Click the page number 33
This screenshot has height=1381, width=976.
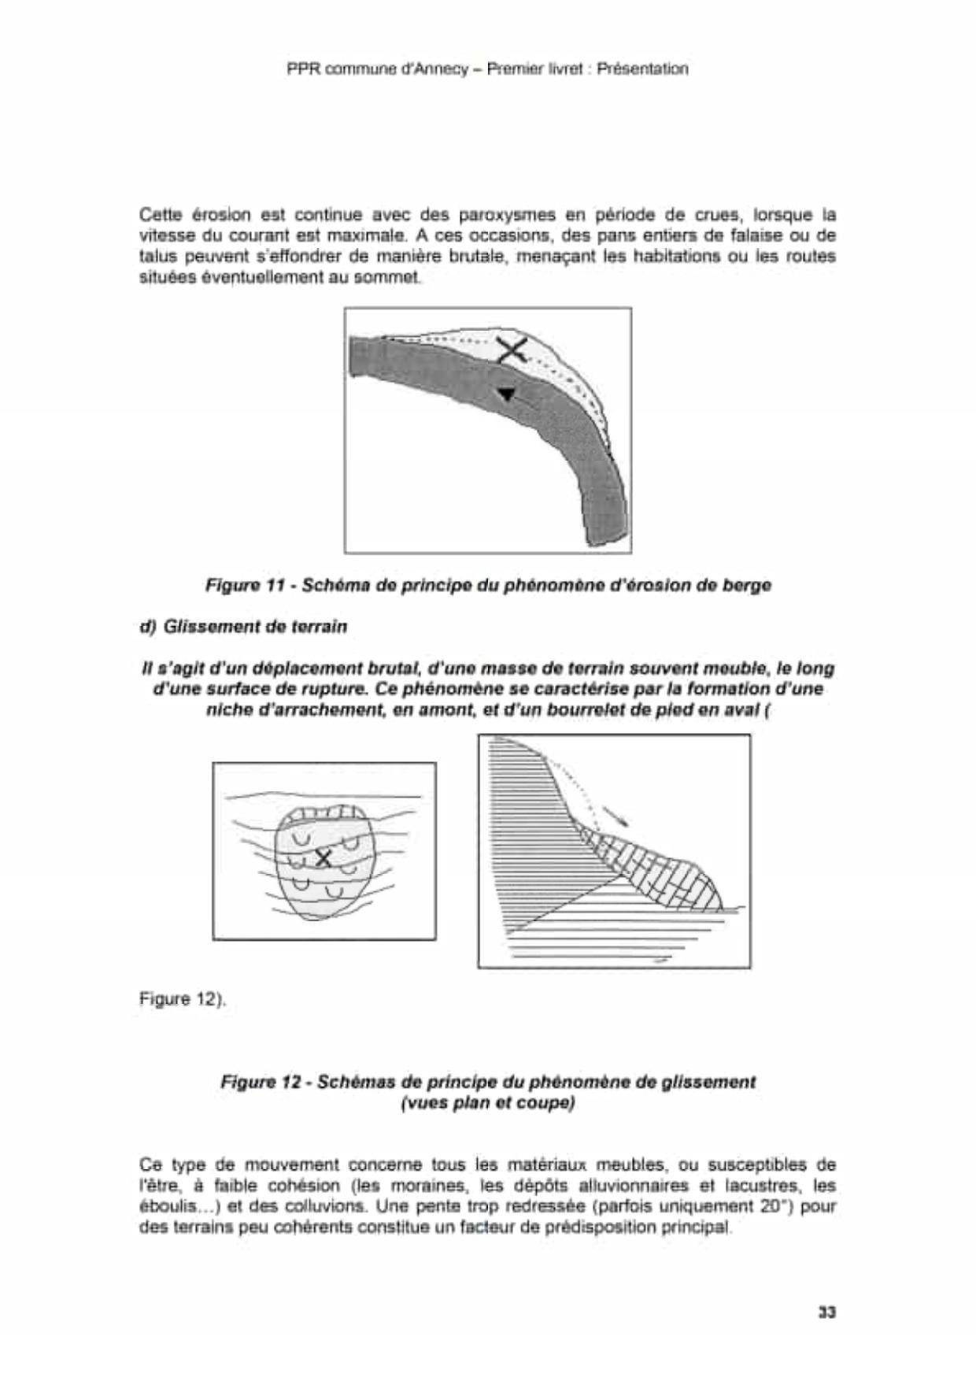pyautogui.click(x=826, y=1313)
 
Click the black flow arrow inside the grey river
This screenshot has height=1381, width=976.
pyautogui.click(x=507, y=393)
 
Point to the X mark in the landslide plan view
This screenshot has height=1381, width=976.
pyautogui.click(x=323, y=857)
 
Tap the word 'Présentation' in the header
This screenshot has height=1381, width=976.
pyautogui.click(x=642, y=69)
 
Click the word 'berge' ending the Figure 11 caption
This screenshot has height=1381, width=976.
pyautogui.click(x=748, y=585)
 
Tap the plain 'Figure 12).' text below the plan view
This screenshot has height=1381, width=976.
pyautogui.click(x=183, y=999)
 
